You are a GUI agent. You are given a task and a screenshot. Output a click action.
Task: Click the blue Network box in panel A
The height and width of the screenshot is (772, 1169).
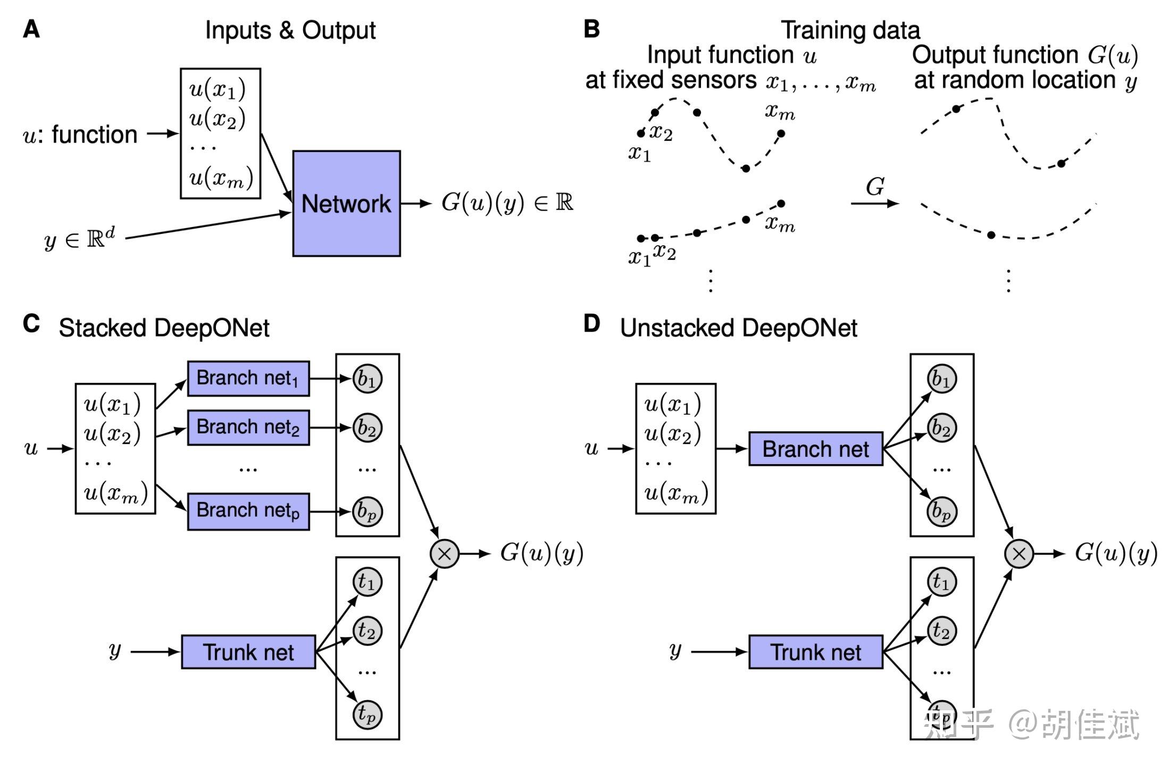pyautogui.click(x=346, y=204)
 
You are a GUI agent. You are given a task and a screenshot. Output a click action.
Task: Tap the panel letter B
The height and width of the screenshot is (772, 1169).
pyautogui.click(x=591, y=29)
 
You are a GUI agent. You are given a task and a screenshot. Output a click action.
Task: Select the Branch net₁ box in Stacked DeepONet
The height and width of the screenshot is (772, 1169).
pyautogui.click(x=248, y=379)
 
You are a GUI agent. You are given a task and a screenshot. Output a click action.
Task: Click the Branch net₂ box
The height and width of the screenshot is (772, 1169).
pyautogui.click(x=248, y=427)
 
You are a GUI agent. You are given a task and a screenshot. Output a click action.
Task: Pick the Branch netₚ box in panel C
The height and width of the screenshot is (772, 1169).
pyautogui.click(x=248, y=511)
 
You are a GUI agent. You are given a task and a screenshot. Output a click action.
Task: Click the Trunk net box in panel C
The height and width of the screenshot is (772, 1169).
pyautogui.click(x=248, y=652)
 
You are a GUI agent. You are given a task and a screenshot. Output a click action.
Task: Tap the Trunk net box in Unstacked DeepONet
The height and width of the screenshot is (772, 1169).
pyautogui.click(x=816, y=652)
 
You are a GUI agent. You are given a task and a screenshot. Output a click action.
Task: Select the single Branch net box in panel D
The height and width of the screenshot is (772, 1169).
pyautogui.click(x=816, y=449)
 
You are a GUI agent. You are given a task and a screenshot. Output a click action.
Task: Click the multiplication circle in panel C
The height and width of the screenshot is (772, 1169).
pyautogui.click(x=445, y=554)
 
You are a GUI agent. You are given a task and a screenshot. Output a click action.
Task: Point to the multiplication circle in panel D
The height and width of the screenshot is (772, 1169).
pyautogui.click(x=1019, y=554)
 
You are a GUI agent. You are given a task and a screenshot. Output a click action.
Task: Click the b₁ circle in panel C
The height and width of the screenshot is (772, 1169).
pyautogui.click(x=368, y=379)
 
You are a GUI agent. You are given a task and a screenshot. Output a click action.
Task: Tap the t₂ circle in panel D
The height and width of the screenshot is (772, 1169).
pyautogui.click(x=942, y=631)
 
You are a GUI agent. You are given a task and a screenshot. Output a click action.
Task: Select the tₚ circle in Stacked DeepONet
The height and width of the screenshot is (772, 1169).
pyautogui.click(x=368, y=714)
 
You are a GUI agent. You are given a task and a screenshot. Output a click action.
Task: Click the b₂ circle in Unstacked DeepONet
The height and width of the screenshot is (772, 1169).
pyautogui.click(x=942, y=428)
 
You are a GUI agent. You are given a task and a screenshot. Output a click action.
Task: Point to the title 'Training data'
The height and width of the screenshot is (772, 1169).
pyautogui.click(x=850, y=30)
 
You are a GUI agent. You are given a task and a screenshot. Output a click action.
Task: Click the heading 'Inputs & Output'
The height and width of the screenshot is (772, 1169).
pyautogui.click(x=290, y=30)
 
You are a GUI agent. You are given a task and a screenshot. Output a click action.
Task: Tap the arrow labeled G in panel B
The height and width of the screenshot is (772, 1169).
pyautogui.click(x=875, y=203)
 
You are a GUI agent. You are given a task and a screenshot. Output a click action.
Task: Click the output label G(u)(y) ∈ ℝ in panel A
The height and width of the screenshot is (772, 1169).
pyautogui.click(x=507, y=203)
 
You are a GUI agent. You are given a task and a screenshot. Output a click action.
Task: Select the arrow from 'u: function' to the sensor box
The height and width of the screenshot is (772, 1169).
pyautogui.click(x=163, y=133)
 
